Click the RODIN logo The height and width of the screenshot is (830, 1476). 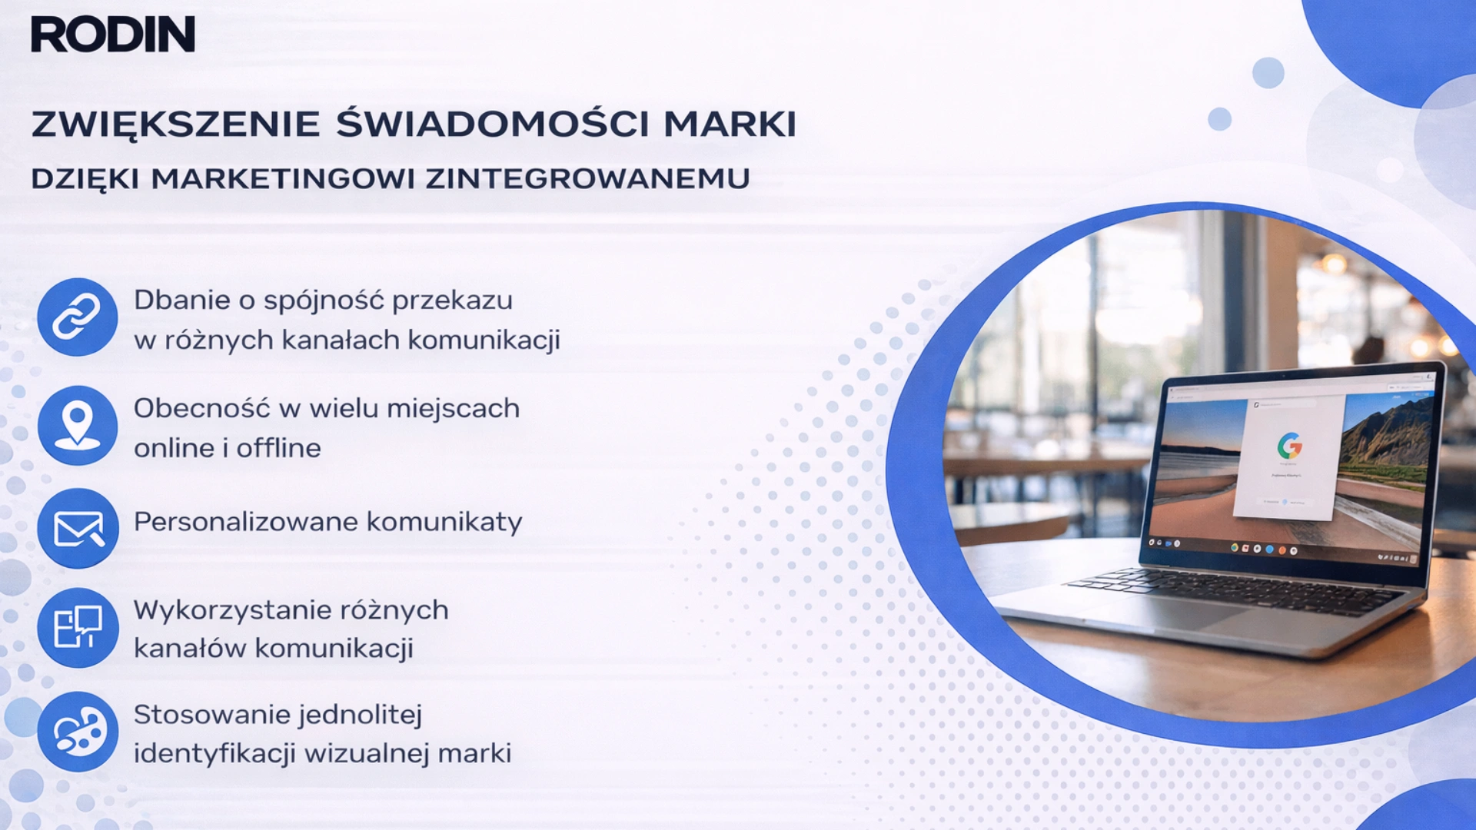coord(113,35)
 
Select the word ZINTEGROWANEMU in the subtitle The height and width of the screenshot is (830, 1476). coord(588,178)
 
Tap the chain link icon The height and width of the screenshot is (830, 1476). coord(77,317)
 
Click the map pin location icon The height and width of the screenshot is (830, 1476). coord(77,425)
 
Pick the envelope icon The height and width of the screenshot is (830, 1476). coord(77,528)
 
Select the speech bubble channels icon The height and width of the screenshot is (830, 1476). coord(77,628)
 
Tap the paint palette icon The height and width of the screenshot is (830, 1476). coord(77,732)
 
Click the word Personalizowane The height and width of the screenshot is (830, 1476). coord(245,523)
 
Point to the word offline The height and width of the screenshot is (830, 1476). coord(278,448)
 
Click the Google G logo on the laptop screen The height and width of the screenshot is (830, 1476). coord(1290,446)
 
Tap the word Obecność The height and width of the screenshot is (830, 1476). coord(201,409)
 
